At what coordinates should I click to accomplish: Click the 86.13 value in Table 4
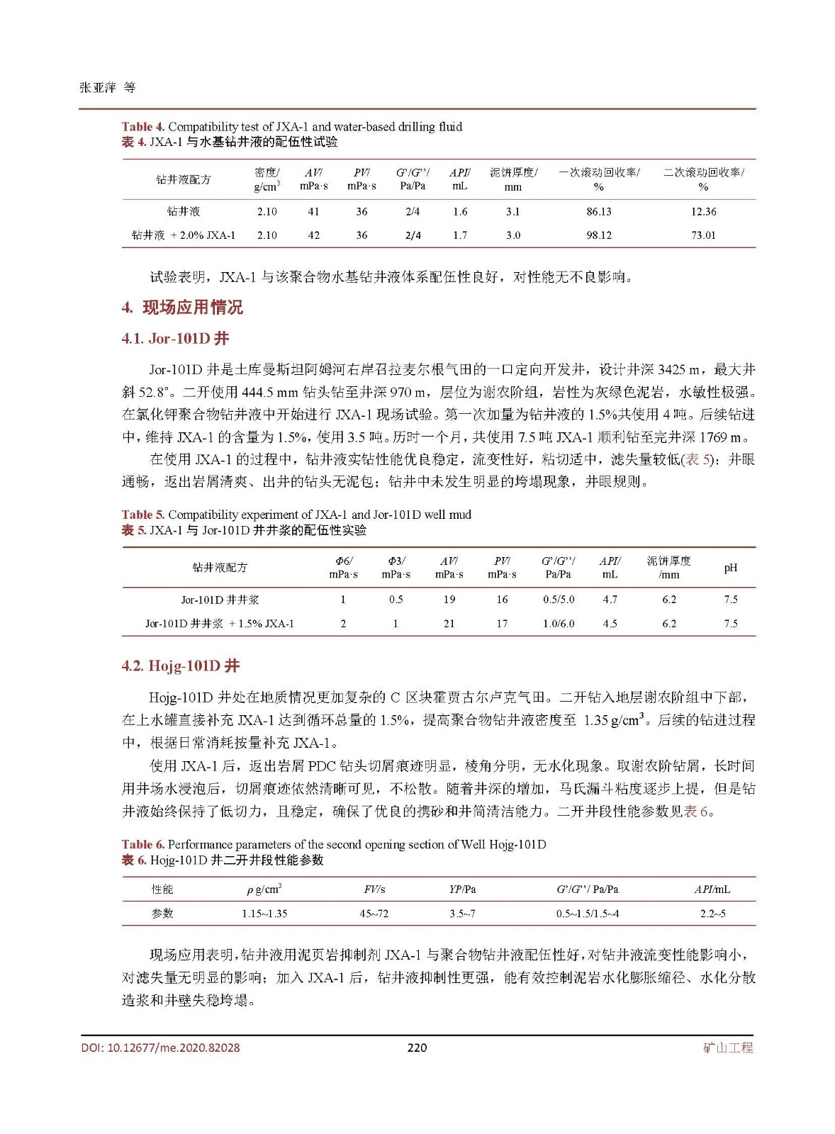click(598, 211)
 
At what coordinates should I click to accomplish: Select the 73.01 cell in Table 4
click(703, 235)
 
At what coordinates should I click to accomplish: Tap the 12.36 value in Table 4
click(703, 211)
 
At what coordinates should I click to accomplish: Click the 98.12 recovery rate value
click(598, 235)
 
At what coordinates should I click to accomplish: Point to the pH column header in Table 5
click(731, 568)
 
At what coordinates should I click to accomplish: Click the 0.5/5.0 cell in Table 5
click(559, 600)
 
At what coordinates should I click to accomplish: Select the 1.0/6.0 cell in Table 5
click(559, 624)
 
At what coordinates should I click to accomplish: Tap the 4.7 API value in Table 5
click(610, 600)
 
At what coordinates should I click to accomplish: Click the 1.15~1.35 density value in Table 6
click(264, 914)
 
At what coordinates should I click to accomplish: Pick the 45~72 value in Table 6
click(374, 914)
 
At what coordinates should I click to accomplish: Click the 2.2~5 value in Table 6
click(712, 914)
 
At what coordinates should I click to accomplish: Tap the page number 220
click(417, 1048)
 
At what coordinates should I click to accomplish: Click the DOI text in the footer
click(160, 1048)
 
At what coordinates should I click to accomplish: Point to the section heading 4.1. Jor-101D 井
click(175, 339)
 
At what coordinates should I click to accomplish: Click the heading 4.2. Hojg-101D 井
click(180, 666)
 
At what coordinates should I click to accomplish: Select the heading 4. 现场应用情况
click(182, 308)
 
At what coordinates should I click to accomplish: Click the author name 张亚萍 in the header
click(98, 88)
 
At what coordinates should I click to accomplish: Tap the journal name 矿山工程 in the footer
click(728, 1048)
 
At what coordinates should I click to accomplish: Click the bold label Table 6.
click(142, 844)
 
